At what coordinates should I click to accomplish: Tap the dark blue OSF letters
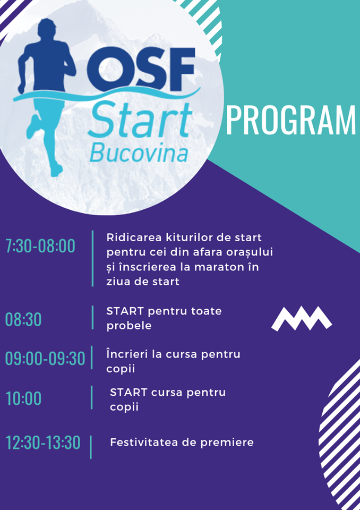[141, 70]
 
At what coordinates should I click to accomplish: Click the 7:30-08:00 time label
[40, 245]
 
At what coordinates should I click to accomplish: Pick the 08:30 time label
[23, 319]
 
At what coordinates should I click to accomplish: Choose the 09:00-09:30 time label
[45, 359]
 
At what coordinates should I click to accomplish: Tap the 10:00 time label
[23, 398]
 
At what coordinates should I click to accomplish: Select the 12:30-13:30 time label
[43, 443]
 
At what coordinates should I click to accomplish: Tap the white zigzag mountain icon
[302, 318]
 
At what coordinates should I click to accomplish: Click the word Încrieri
[127, 354]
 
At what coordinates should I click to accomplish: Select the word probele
[129, 326]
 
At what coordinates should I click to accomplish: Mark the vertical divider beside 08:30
[93, 318]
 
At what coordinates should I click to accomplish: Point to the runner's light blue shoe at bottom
[56, 170]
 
